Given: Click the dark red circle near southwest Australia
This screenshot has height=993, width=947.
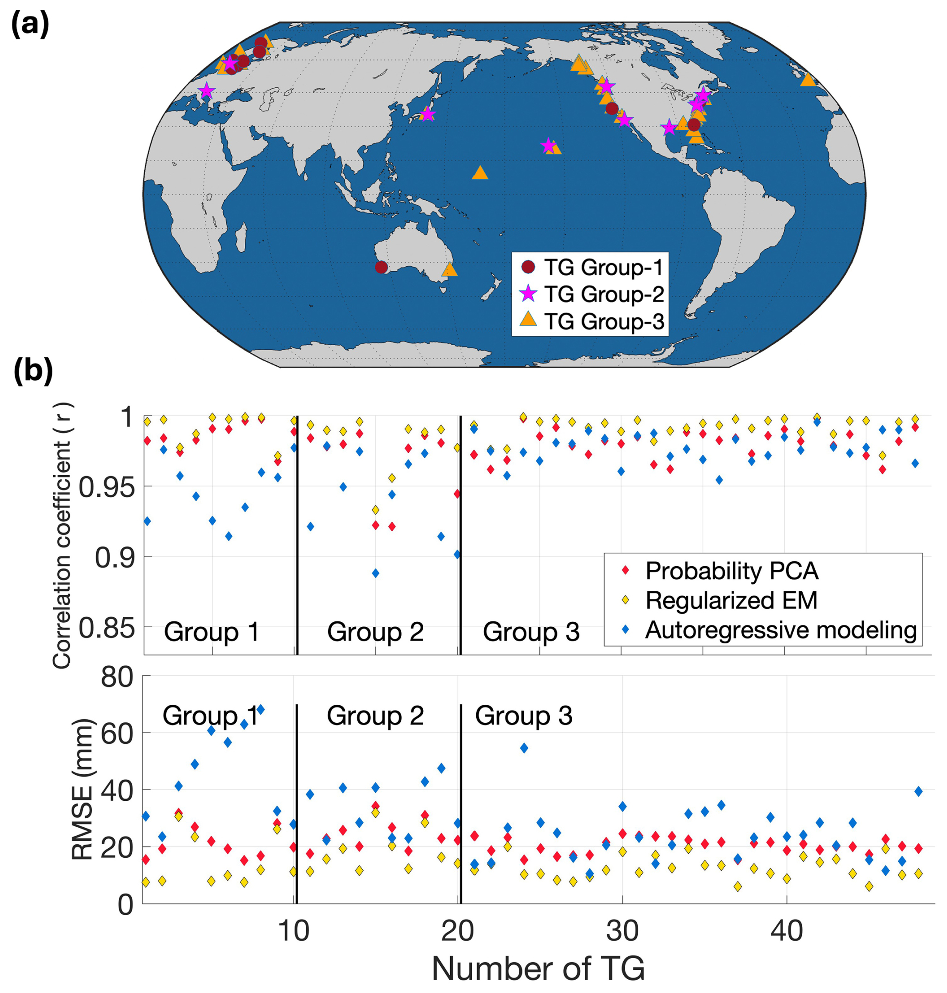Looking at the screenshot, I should tap(381, 267).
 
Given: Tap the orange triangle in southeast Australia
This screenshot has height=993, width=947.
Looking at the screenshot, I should tap(450, 270).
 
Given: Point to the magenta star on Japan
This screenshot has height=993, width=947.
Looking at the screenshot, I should tap(427, 114).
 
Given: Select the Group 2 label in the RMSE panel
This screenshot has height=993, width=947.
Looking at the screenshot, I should tap(375, 716).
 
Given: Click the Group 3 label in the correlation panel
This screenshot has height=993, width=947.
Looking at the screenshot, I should tap(531, 632).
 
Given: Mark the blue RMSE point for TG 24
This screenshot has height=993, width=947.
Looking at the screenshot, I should tap(524, 748).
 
